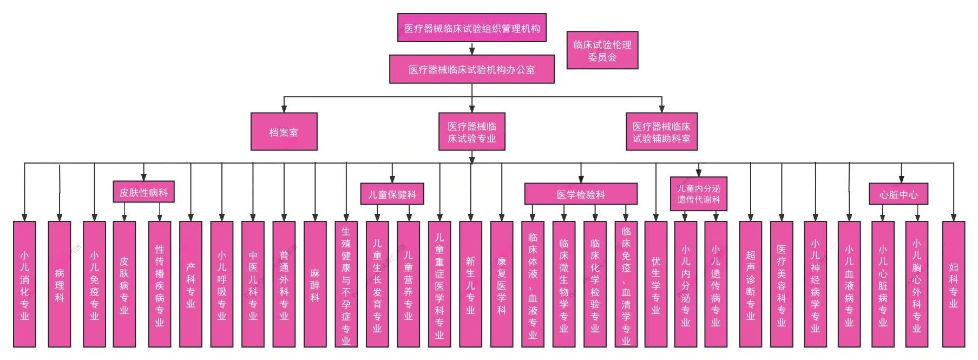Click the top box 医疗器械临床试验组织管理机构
pyautogui.click(x=471, y=28)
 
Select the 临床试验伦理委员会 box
pyautogui.click(x=602, y=50)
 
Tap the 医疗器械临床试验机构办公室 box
pyautogui.click(x=471, y=69)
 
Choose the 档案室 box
pyautogui.click(x=284, y=132)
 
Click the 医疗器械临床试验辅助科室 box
pyautogui.click(x=661, y=132)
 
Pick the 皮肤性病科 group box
pyautogui.click(x=143, y=192)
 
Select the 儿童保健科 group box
pyautogui.click(x=392, y=194)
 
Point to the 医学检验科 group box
pyautogui.click(x=581, y=194)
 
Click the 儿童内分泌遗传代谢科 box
pyautogui.click(x=698, y=194)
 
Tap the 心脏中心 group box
pyautogui.click(x=898, y=194)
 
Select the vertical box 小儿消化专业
pyautogui.click(x=24, y=284)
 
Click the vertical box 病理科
pyautogui.click(x=60, y=284)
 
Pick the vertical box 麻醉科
pyautogui.click(x=315, y=284)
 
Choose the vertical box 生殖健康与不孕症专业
pyautogui.click(x=346, y=284)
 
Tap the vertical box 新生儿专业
pyautogui.click(x=470, y=284)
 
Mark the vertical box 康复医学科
pyautogui.click(x=502, y=284)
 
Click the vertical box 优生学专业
pyautogui.click(x=655, y=284)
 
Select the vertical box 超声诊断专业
pyautogui.click(x=750, y=284)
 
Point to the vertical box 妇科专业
pyautogui.click(x=954, y=284)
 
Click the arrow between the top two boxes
pyautogui.click(x=472, y=49)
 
